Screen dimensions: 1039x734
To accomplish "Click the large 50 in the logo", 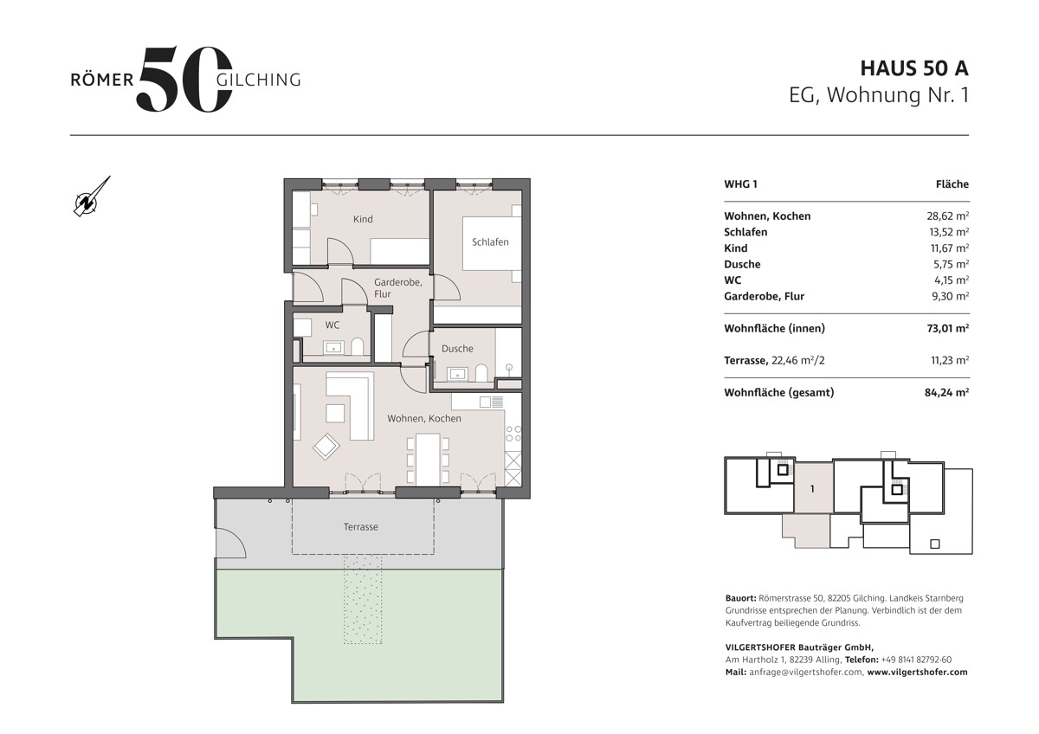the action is click(x=184, y=79).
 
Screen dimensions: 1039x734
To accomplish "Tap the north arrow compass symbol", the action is click(x=92, y=196).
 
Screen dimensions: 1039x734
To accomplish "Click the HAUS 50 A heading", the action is click(x=914, y=68).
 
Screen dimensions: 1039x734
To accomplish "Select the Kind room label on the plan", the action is click(x=363, y=219).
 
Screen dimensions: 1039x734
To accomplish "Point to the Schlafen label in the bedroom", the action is click(x=490, y=242).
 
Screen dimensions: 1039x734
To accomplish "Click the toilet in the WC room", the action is click(x=357, y=346).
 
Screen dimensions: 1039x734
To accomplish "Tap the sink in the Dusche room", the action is click(x=458, y=373).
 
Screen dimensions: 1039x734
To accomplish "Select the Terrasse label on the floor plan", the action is click(x=360, y=527).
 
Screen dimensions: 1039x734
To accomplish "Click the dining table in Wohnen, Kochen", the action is click(x=428, y=459).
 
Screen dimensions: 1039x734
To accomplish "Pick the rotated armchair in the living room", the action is click(x=326, y=447).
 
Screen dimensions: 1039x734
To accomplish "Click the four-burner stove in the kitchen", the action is click(x=513, y=434).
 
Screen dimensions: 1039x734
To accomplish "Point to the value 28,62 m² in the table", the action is click(x=947, y=216).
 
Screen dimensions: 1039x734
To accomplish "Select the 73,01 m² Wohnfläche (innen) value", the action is click(x=947, y=328).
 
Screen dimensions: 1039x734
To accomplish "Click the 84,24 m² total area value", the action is click(x=946, y=392).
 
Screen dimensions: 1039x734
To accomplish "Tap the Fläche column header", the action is click(x=952, y=184).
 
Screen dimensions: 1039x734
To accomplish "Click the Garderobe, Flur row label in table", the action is click(x=764, y=296).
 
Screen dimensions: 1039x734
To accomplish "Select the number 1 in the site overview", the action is click(x=812, y=489).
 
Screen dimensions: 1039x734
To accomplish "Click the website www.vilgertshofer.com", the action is click(x=917, y=672).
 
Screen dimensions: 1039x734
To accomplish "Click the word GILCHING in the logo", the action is click(x=258, y=80).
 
